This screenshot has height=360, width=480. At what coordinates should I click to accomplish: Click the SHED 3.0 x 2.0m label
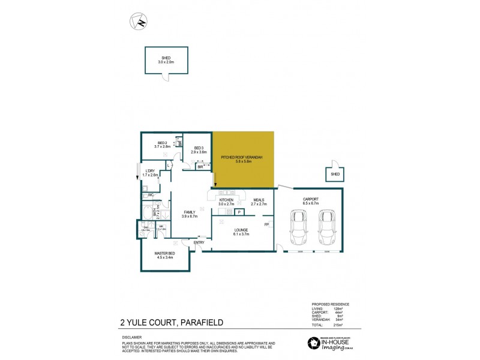(x=166, y=60)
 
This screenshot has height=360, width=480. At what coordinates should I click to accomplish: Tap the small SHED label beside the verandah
(x=335, y=175)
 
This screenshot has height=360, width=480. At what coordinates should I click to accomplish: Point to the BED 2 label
(x=163, y=144)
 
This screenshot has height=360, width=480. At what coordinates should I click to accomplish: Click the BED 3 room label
(x=199, y=150)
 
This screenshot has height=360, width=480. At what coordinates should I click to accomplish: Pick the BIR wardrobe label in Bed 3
(x=200, y=167)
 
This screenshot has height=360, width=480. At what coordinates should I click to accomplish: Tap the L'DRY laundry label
(x=150, y=173)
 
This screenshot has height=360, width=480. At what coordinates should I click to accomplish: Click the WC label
(x=151, y=195)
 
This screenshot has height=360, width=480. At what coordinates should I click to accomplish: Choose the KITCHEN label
(x=227, y=202)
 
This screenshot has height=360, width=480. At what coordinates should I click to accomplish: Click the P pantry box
(x=238, y=212)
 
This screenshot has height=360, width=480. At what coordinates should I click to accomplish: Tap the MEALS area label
(x=259, y=202)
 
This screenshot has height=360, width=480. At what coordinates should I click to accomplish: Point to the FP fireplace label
(x=266, y=224)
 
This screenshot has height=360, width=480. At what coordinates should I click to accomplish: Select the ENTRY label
(x=199, y=242)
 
